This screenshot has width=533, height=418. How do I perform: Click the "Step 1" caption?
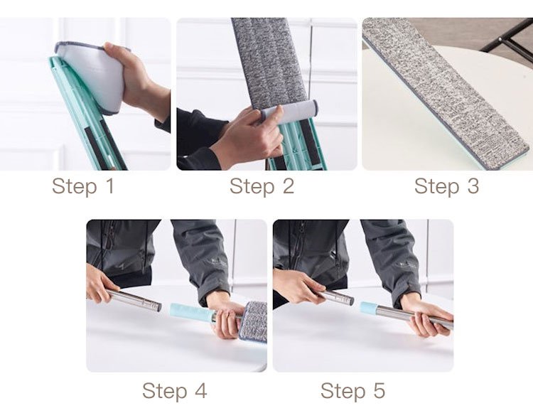click(x=83, y=186)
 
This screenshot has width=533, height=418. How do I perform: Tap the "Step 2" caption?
click(x=262, y=186)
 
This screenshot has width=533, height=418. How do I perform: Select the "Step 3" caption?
click(x=447, y=186)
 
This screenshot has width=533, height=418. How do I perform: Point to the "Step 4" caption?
click(x=174, y=390)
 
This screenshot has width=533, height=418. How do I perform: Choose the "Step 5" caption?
click(x=352, y=390)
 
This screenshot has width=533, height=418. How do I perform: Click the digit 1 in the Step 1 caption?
click(x=109, y=186)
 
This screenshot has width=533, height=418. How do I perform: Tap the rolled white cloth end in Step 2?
click(x=290, y=112)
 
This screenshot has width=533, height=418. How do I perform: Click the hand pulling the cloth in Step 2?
click(x=247, y=136)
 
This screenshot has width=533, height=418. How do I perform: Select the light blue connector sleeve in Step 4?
click(x=191, y=312)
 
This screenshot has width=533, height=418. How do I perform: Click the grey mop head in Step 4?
click(x=253, y=322)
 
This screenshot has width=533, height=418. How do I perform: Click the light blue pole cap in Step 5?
click(x=369, y=308)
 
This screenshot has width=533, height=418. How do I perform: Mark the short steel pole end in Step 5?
click(x=337, y=297)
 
